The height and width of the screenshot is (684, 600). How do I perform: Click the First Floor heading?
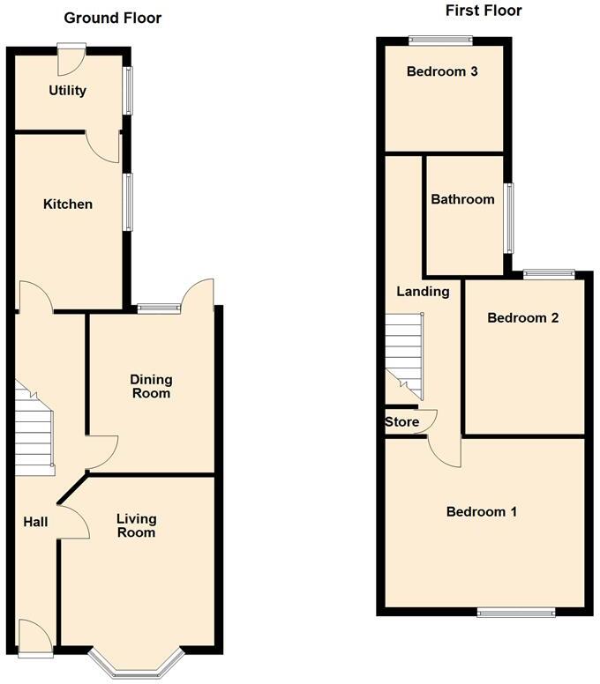484,11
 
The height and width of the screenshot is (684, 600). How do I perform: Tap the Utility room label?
68,90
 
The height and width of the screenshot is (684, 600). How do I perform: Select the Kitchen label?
68,204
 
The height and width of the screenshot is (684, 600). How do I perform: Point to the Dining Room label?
152,386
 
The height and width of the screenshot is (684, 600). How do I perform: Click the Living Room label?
136,525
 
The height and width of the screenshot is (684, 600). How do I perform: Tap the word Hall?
35,523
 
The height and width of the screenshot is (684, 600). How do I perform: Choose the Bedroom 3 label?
442,72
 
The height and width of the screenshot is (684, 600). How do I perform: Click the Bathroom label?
462,199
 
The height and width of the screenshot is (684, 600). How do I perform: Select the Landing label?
423,292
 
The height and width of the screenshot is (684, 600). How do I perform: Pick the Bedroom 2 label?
523,318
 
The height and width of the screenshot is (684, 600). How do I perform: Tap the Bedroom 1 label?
482,511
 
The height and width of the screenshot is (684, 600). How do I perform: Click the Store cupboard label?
401,422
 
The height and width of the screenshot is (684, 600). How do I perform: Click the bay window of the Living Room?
136,668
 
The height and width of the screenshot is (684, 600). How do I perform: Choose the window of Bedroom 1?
516,612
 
